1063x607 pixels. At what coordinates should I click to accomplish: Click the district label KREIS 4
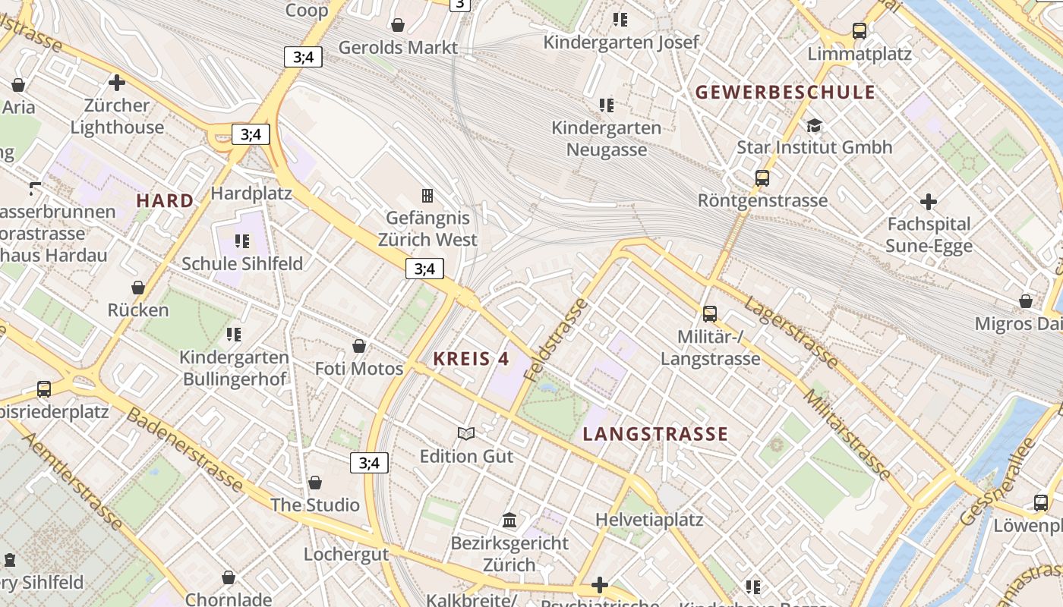pyautogui.click(x=471, y=359)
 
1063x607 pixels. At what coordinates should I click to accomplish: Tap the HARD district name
pyautogui.click(x=165, y=201)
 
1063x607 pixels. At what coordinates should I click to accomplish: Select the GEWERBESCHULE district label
pyautogui.click(x=785, y=93)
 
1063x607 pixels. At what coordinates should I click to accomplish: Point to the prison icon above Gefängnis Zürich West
pyautogui.click(x=427, y=196)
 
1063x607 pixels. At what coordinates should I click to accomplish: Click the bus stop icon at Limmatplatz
pyautogui.click(x=860, y=31)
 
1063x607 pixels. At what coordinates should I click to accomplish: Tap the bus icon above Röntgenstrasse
pyautogui.click(x=762, y=178)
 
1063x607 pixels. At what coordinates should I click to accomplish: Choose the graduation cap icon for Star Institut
pyautogui.click(x=814, y=125)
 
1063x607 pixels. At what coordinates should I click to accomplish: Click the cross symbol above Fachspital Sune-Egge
pyautogui.click(x=928, y=202)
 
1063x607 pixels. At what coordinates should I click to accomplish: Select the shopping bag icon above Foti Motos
pyautogui.click(x=359, y=346)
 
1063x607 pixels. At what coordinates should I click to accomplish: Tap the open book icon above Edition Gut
pyautogui.click(x=466, y=433)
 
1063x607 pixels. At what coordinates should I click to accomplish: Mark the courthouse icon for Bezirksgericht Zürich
pyautogui.click(x=509, y=521)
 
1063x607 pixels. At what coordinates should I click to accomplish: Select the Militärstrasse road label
pyautogui.click(x=847, y=434)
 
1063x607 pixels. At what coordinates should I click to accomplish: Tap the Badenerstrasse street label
pyautogui.click(x=185, y=449)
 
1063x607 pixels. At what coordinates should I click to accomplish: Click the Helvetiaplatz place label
pyautogui.click(x=649, y=520)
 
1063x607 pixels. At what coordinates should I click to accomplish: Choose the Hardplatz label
pyautogui.click(x=251, y=193)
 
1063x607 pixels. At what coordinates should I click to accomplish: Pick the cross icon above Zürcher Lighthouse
pyautogui.click(x=117, y=82)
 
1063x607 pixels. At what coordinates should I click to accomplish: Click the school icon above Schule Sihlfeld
pyautogui.click(x=242, y=241)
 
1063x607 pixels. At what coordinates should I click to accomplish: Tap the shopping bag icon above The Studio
pyautogui.click(x=315, y=483)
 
